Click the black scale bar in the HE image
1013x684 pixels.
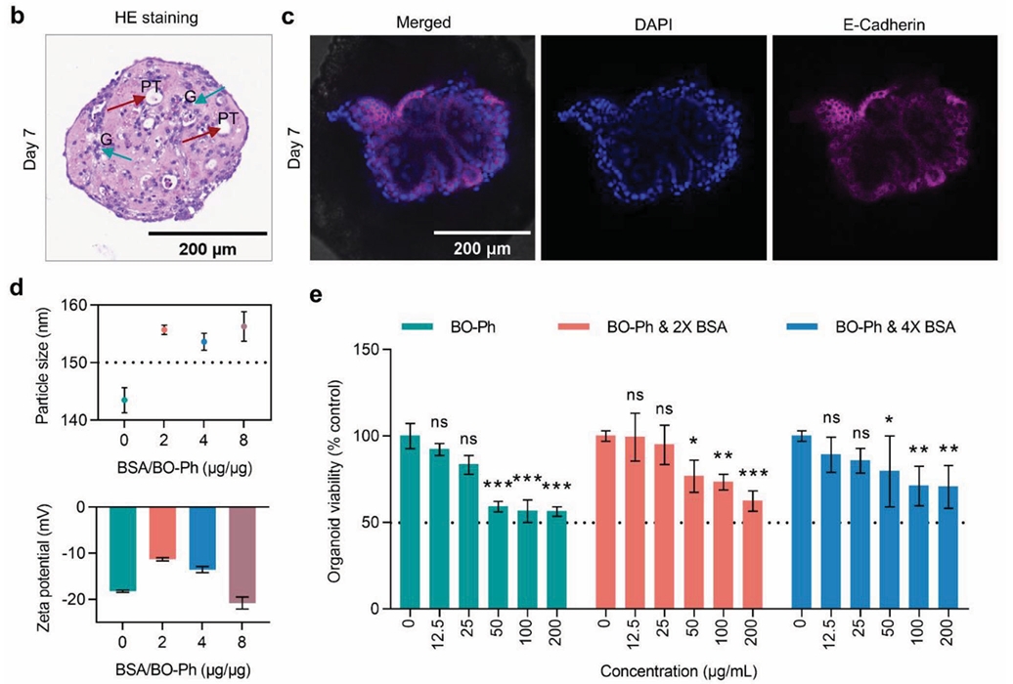tap(208, 234)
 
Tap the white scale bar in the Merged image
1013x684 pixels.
tap(481, 233)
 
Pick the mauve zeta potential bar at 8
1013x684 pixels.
tap(245, 554)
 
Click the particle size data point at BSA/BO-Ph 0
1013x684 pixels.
tap(124, 399)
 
